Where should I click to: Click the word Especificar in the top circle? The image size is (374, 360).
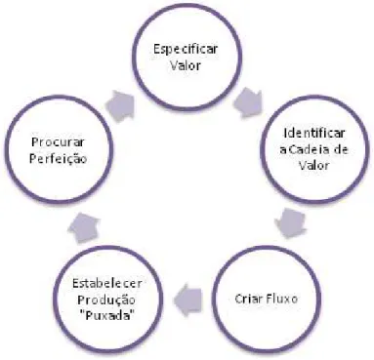pyautogui.click(x=186, y=50)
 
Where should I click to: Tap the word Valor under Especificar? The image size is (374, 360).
pyautogui.click(x=186, y=65)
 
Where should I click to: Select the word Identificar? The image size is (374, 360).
pyautogui.click(x=314, y=133)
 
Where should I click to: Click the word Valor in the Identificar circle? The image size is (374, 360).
pyautogui.click(x=314, y=166)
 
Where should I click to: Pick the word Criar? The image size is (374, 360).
pyautogui.click(x=248, y=299)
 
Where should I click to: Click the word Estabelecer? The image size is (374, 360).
pyautogui.click(x=107, y=283)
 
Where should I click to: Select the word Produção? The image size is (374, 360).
pyautogui.click(x=106, y=300)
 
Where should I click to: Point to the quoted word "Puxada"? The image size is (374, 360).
pyautogui.click(x=107, y=315)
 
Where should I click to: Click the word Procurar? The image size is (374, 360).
pyautogui.click(x=58, y=141)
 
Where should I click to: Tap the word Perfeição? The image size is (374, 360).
pyautogui.click(x=58, y=159)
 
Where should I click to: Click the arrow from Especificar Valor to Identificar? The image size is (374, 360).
pyautogui.click(x=249, y=103)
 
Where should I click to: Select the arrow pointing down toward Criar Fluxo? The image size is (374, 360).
pyautogui.click(x=290, y=223)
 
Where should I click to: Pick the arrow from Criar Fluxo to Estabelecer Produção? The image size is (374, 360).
pyautogui.click(x=187, y=300)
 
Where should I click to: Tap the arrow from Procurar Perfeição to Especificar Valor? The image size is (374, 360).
pyautogui.click(x=121, y=105)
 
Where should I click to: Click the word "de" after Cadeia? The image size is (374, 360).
pyautogui.click(x=340, y=149)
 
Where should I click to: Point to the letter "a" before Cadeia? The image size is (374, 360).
pyautogui.click(x=283, y=151)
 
